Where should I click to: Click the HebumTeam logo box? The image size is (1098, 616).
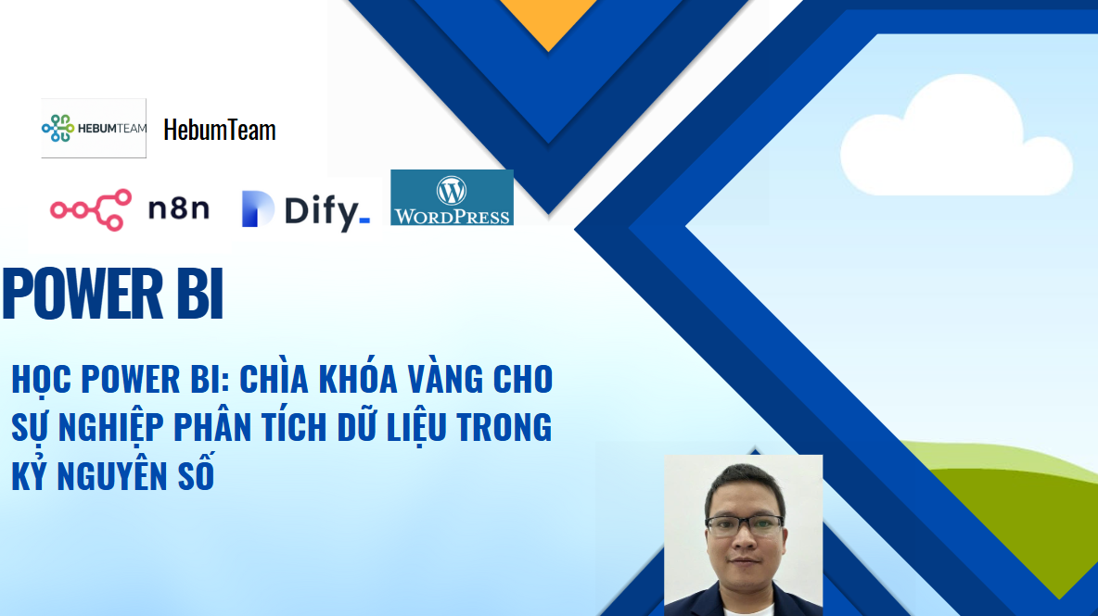tap(94, 128)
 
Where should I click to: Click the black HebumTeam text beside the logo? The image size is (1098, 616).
tap(219, 130)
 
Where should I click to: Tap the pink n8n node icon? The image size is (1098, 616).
tap(91, 209)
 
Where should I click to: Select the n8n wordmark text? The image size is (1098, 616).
tap(179, 208)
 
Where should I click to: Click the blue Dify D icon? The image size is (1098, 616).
tap(257, 209)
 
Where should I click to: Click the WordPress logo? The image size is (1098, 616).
tap(452, 197)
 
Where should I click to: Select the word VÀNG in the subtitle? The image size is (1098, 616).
tap(445, 378)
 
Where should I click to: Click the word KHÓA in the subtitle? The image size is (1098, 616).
tap(359, 378)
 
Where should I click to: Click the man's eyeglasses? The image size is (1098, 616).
tap(745, 525)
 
